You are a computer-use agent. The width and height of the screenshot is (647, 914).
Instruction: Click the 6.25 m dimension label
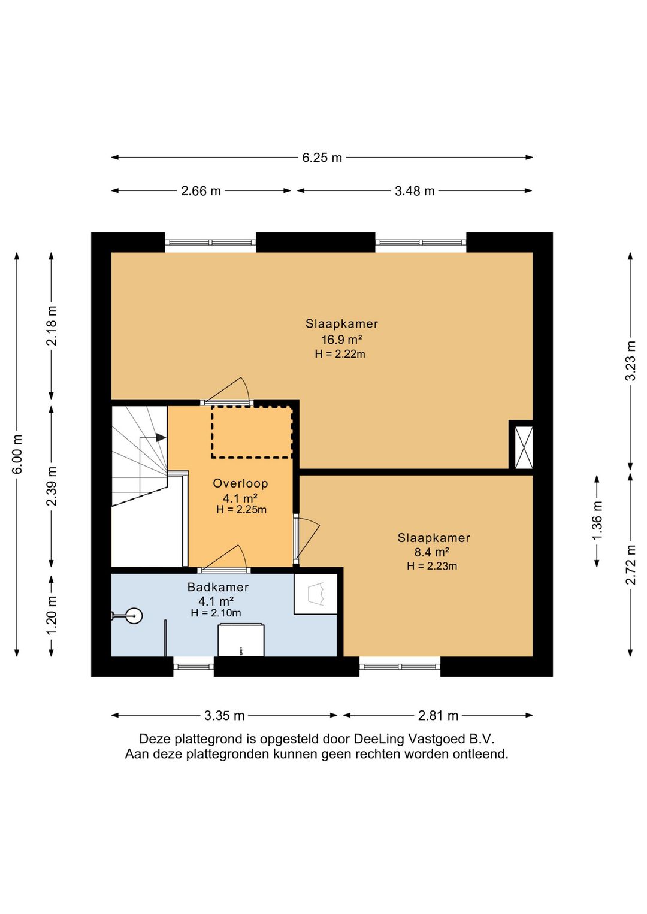point(322,158)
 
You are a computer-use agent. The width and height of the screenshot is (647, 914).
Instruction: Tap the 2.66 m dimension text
point(201,191)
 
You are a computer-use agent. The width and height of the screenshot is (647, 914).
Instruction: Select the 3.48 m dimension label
point(415,191)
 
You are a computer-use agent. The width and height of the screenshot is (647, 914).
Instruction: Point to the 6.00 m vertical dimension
point(17,455)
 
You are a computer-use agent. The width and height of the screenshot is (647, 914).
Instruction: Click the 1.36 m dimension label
point(597,521)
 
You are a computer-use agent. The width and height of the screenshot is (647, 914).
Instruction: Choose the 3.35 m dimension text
point(224,715)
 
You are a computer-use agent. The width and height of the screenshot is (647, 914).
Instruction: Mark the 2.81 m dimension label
point(438,715)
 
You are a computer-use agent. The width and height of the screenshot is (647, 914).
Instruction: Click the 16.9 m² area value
point(341,339)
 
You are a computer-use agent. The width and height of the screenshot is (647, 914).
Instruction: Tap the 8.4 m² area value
point(432,552)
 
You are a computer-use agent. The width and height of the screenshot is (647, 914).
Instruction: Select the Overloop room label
point(240,483)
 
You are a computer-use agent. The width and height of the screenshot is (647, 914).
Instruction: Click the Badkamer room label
point(218,587)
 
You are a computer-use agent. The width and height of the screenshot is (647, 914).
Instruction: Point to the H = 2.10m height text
point(216,613)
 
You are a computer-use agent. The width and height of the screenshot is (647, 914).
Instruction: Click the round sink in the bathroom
point(133,616)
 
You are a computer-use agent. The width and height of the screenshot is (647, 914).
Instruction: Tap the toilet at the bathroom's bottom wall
point(241,640)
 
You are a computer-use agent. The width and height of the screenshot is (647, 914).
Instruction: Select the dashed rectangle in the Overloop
point(252,432)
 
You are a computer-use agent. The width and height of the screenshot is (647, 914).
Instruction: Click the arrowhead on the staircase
point(161,437)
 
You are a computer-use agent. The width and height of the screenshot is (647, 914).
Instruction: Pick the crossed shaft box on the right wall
point(524,447)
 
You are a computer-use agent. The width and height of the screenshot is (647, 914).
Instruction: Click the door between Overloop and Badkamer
point(223,559)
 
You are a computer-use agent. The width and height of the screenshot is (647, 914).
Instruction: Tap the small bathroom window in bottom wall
point(194,667)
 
